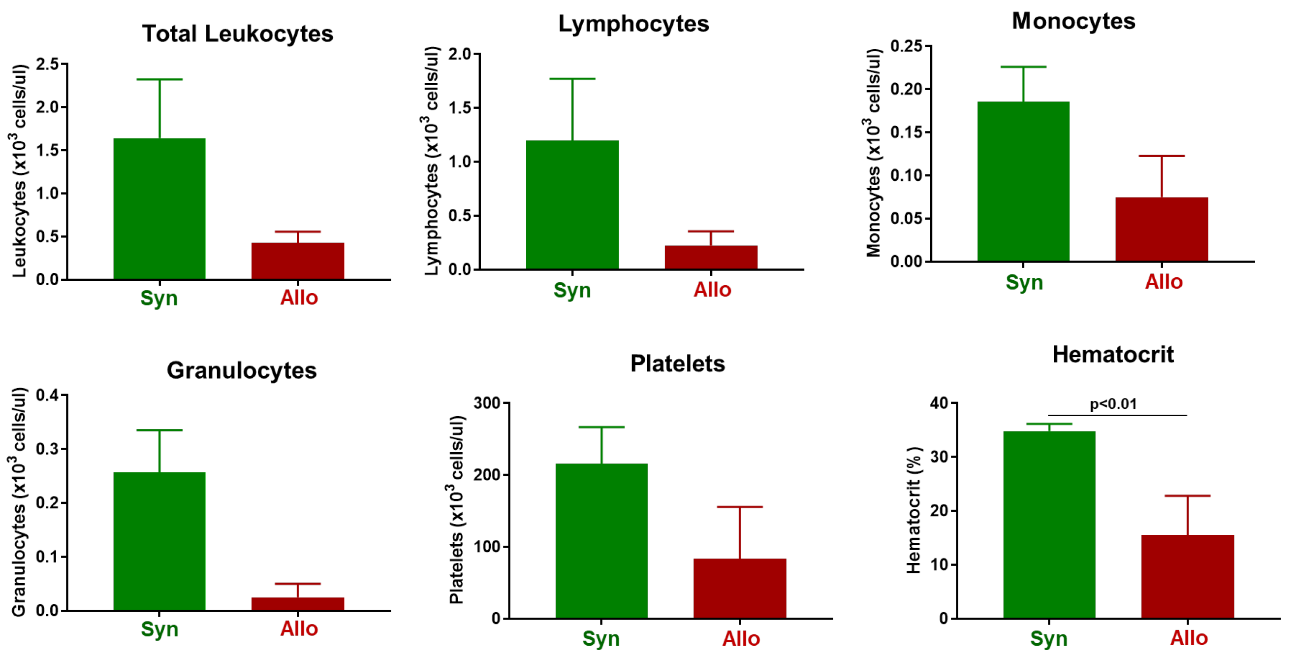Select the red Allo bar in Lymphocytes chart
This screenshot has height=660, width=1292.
[x=711, y=258]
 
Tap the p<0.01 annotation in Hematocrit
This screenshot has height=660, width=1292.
[x=1113, y=404]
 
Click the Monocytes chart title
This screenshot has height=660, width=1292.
[x=1073, y=21]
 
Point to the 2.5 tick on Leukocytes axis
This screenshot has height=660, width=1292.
[x=47, y=64]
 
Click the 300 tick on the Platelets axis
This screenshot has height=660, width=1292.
[x=487, y=403]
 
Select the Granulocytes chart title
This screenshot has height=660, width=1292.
[x=242, y=370]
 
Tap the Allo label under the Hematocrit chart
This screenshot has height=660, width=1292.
[x=1189, y=638]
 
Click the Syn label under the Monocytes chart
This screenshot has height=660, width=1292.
[x=1024, y=282]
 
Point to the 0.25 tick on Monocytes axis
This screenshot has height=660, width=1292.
[x=906, y=46]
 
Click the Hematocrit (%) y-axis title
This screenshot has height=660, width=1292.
[x=914, y=510]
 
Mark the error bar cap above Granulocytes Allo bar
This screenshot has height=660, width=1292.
[x=297, y=584]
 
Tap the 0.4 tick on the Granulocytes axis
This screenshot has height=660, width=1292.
[x=47, y=396]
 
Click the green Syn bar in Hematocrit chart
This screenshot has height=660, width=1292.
[x=1049, y=525]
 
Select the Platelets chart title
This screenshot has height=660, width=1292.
[x=677, y=363]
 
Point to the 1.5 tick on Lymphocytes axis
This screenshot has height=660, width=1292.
[x=460, y=108]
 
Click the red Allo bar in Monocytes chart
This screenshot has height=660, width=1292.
[x=1162, y=230]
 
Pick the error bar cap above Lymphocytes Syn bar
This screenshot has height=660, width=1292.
[x=572, y=79]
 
